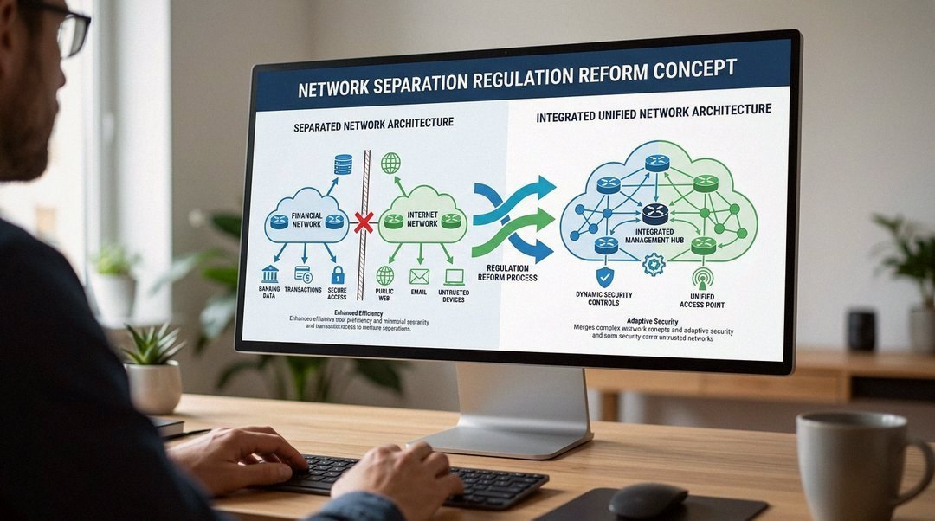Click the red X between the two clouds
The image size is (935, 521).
(x=364, y=222)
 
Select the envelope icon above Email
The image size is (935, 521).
(x=419, y=277)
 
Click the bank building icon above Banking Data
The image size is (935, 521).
(x=269, y=273)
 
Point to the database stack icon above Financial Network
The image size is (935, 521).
(x=343, y=164)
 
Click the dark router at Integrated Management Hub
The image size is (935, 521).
(x=655, y=214)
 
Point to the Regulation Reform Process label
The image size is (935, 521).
(x=511, y=272)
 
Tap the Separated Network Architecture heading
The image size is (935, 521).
(x=373, y=125)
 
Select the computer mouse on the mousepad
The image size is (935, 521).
(x=648, y=500)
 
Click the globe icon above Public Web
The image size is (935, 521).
(x=384, y=276)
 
